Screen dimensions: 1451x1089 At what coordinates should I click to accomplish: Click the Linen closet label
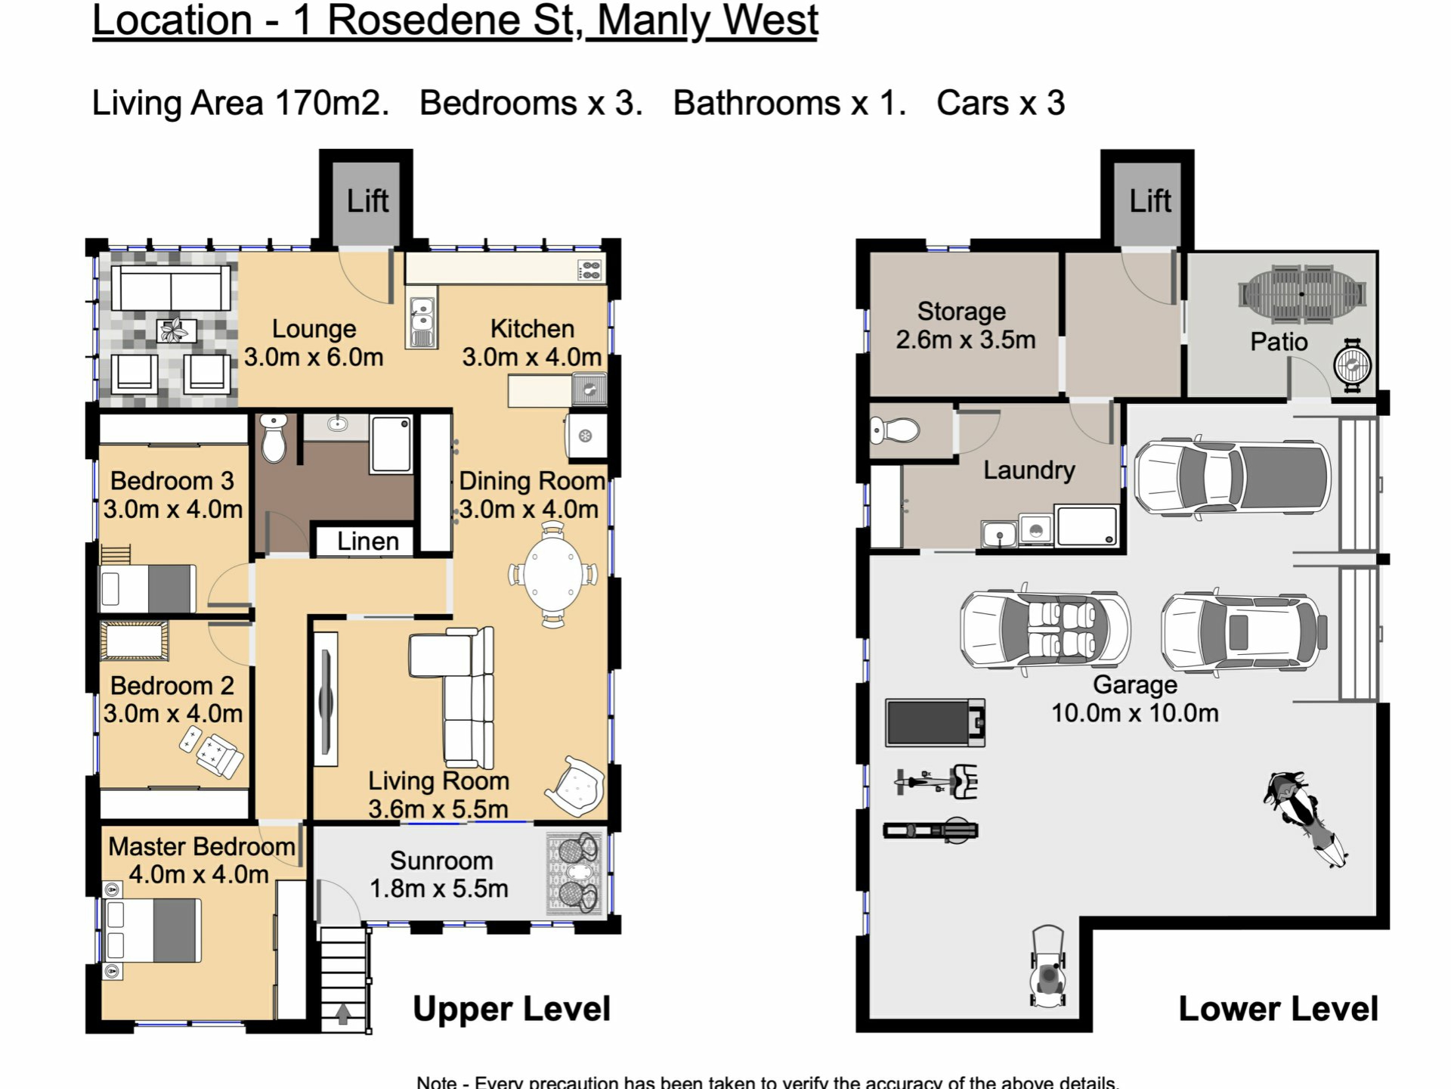368,541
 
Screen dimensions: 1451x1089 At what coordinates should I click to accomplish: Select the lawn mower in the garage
1049,967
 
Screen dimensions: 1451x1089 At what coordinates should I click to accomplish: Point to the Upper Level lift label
368,201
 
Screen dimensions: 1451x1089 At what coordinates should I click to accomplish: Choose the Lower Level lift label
1150,201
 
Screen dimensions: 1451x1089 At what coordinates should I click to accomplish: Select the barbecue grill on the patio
1352,366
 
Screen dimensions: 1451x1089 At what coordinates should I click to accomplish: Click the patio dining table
1301,294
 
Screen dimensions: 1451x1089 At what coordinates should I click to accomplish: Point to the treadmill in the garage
936,723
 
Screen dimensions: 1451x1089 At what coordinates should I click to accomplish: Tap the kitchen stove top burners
590,270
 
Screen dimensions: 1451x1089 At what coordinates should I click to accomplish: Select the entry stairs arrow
343,1013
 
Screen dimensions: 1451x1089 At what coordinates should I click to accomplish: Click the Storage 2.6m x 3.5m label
965,326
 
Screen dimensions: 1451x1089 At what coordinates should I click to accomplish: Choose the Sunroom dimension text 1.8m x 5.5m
438,889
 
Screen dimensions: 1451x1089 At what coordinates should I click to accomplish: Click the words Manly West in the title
707,20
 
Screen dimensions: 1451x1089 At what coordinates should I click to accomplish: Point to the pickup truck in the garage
1233,476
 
